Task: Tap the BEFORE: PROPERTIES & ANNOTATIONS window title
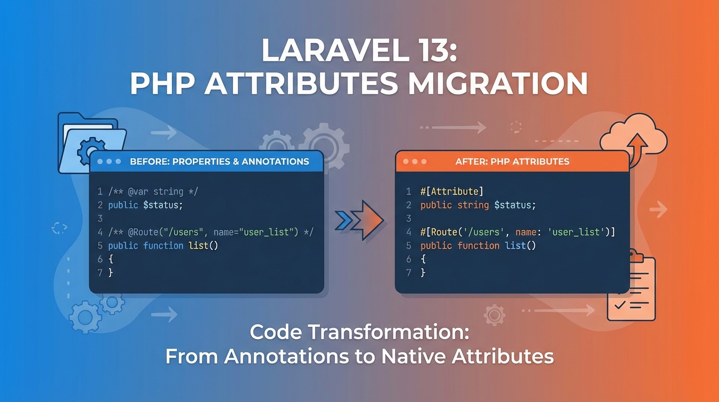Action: pyautogui.click(x=219, y=161)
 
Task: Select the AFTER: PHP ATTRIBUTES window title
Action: pyautogui.click(x=512, y=161)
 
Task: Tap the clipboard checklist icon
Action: pyautogui.click(x=631, y=288)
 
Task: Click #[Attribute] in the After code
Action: pyautogui.click(x=451, y=192)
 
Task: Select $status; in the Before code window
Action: pyautogui.click(x=163, y=205)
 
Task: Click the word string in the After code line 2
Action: pyautogui.click(x=473, y=205)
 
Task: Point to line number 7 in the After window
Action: pyautogui.click(x=409, y=273)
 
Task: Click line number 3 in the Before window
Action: pyautogui.click(x=100, y=219)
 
